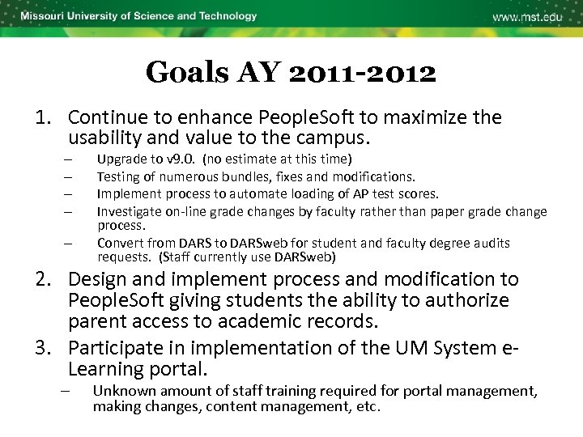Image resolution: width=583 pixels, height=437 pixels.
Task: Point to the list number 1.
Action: point(42,118)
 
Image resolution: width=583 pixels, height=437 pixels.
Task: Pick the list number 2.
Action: point(42,280)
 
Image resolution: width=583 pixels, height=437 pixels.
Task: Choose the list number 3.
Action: point(42,349)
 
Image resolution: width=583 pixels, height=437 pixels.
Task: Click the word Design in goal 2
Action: point(96,280)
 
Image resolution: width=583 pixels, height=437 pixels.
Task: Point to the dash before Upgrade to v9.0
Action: point(71,159)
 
